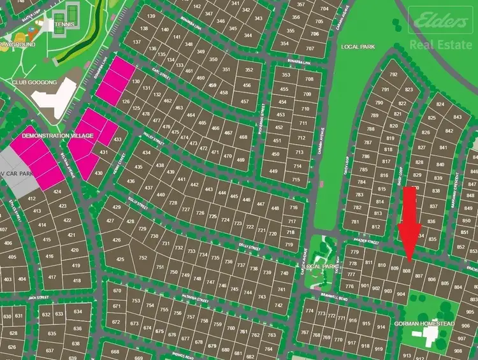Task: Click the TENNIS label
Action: [65, 25]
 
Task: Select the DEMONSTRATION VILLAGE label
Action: [57, 136]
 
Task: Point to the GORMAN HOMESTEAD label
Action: [424, 324]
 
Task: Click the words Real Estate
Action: [440, 45]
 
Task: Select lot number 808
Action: [407, 271]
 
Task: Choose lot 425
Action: [120, 259]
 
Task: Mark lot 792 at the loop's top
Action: [393, 75]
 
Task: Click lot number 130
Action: [135, 82]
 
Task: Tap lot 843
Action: [457, 117]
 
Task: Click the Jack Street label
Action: [38, 297]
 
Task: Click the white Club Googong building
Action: [54, 99]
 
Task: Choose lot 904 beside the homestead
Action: [400, 294]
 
